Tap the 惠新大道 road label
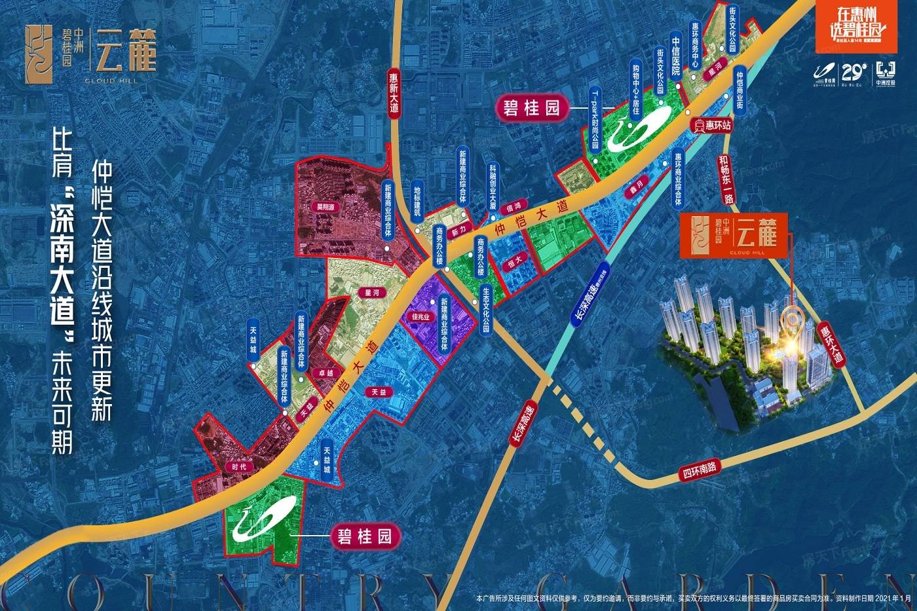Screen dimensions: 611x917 click(393, 94)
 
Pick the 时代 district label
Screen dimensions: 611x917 click(239, 467)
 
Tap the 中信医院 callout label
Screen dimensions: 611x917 click(676, 55)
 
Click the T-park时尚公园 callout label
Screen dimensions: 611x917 click(595, 118)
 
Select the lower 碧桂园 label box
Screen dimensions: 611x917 click(365, 536)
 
